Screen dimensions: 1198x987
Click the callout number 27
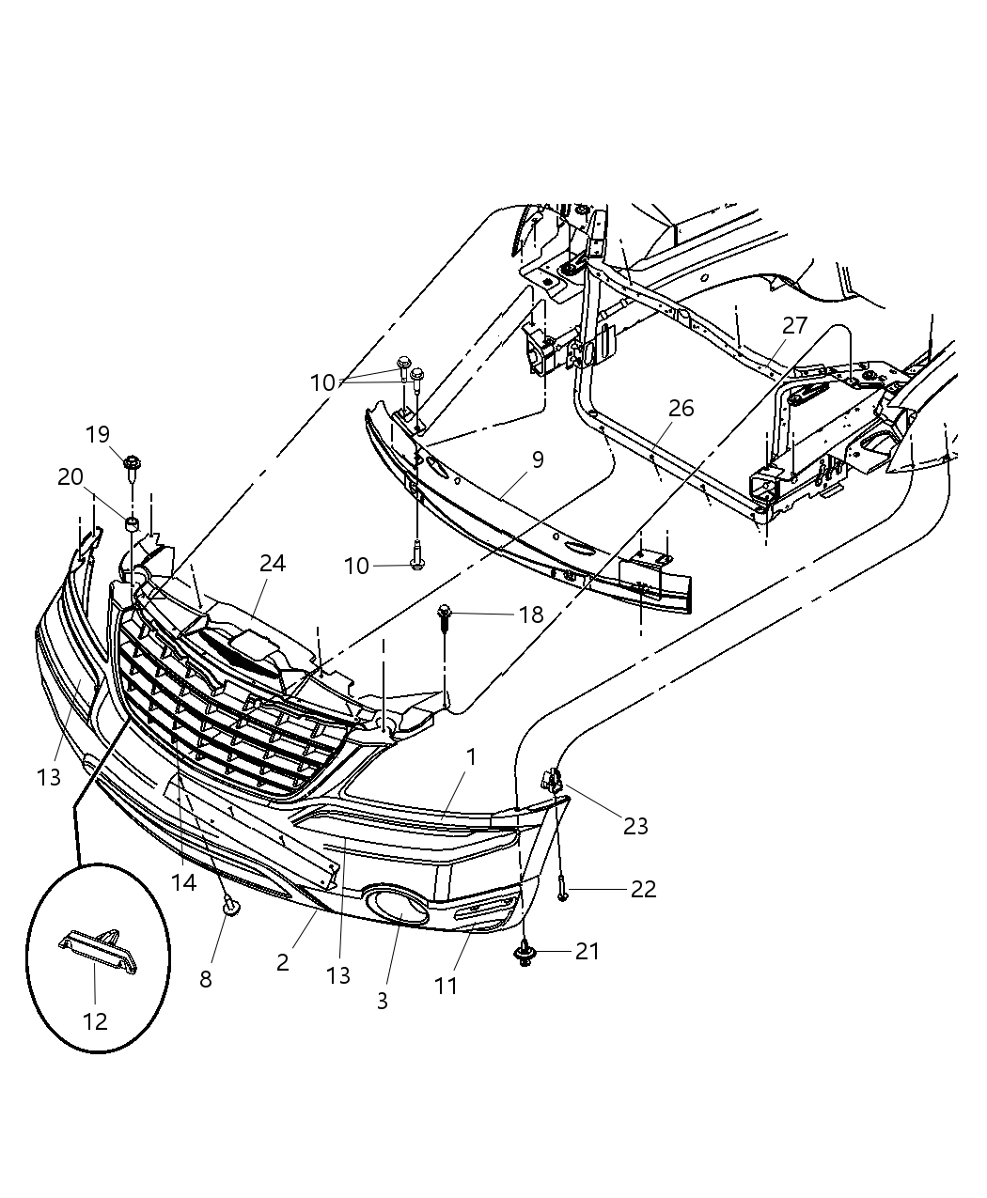tap(794, 325)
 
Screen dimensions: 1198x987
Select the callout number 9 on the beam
tap(537, 459)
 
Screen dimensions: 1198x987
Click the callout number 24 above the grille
tap(273, 563)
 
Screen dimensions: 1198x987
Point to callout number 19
tap(98, 434)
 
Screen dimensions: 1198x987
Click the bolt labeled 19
tap(132, 464)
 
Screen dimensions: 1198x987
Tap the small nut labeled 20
tap(133, 522)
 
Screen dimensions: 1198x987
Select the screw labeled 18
tap(446, 616)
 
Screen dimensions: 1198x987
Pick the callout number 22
tap(643, 888)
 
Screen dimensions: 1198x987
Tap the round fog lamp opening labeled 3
tap(399, 908)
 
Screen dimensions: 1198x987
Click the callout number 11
tap(446, 985)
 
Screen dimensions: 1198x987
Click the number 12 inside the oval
tap(95, 1020)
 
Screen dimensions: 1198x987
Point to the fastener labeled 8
tap(228, 904)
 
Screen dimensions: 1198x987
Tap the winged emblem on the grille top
tap(231, 655)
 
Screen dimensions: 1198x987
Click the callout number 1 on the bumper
tap(471, 755)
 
